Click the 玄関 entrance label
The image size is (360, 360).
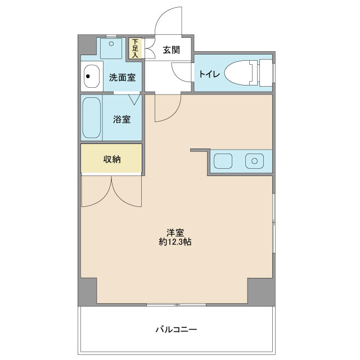click(x=171, y=49)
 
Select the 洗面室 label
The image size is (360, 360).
click(x=122, y=78)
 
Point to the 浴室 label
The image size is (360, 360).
click(x=122, y=119)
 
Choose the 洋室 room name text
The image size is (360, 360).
click(x=175, y=233)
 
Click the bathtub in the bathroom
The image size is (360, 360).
click(x=91, y=118)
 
